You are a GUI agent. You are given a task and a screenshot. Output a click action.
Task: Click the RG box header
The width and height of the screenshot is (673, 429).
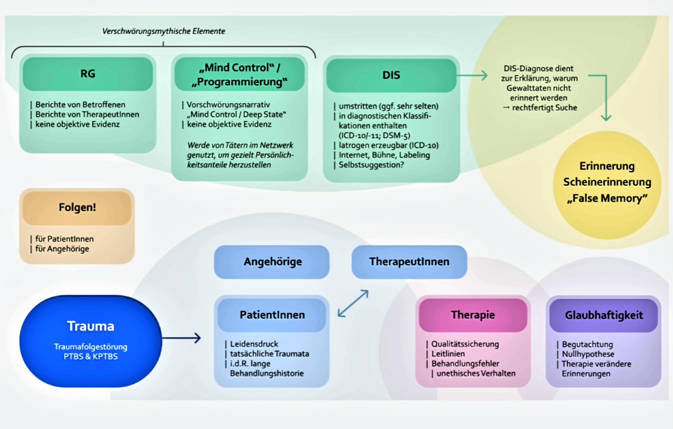coord(88,74)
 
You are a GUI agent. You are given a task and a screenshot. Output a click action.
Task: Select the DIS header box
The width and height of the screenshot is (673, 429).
coord(391,75)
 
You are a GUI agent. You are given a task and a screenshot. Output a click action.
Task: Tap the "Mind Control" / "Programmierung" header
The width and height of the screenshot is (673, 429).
coord(239,74)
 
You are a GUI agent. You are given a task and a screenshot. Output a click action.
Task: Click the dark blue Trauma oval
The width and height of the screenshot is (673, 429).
coord(91,341)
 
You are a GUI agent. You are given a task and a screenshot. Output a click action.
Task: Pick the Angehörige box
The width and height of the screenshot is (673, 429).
coord(272,262)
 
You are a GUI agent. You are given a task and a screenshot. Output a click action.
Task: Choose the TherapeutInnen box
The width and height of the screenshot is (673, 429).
coord(409,262)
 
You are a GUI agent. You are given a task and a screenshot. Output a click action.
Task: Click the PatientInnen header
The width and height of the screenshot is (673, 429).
coord(272,315)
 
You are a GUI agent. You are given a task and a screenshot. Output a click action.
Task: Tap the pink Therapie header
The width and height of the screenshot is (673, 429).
coord(473,315)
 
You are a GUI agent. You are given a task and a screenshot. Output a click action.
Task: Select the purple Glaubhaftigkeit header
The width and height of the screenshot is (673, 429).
coord(604,315)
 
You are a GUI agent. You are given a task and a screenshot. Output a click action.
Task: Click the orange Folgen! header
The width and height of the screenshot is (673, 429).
coord(77,208)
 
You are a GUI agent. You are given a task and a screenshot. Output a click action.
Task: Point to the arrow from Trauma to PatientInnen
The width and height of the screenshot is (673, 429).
coord(182,338)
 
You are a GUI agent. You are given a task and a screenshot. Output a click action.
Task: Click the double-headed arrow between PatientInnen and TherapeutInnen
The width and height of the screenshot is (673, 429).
coord(353,303)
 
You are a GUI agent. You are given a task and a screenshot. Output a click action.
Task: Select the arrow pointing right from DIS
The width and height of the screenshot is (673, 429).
coord(473,75)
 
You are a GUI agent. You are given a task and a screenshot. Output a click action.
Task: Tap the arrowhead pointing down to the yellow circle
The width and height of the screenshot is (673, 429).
coord(606,117)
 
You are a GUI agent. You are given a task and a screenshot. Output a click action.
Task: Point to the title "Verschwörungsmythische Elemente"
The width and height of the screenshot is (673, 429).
coord(163,32)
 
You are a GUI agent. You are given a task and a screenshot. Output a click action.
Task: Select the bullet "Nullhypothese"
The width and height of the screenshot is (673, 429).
coord(588,354)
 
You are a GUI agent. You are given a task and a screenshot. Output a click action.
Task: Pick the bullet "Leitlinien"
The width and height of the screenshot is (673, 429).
coord(448,354)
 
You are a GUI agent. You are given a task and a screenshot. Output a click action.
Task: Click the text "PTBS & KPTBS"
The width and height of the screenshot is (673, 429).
coord(90,356)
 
